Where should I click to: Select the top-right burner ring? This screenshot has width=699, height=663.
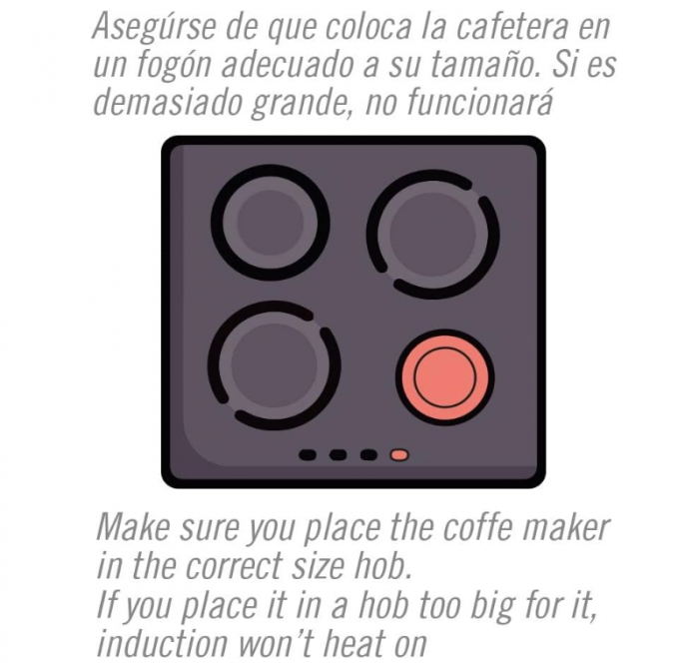(x=432, y=233)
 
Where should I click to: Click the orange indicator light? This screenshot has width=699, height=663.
(x=399, y=455)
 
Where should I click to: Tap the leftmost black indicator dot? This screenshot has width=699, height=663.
(x=309, y=455)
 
